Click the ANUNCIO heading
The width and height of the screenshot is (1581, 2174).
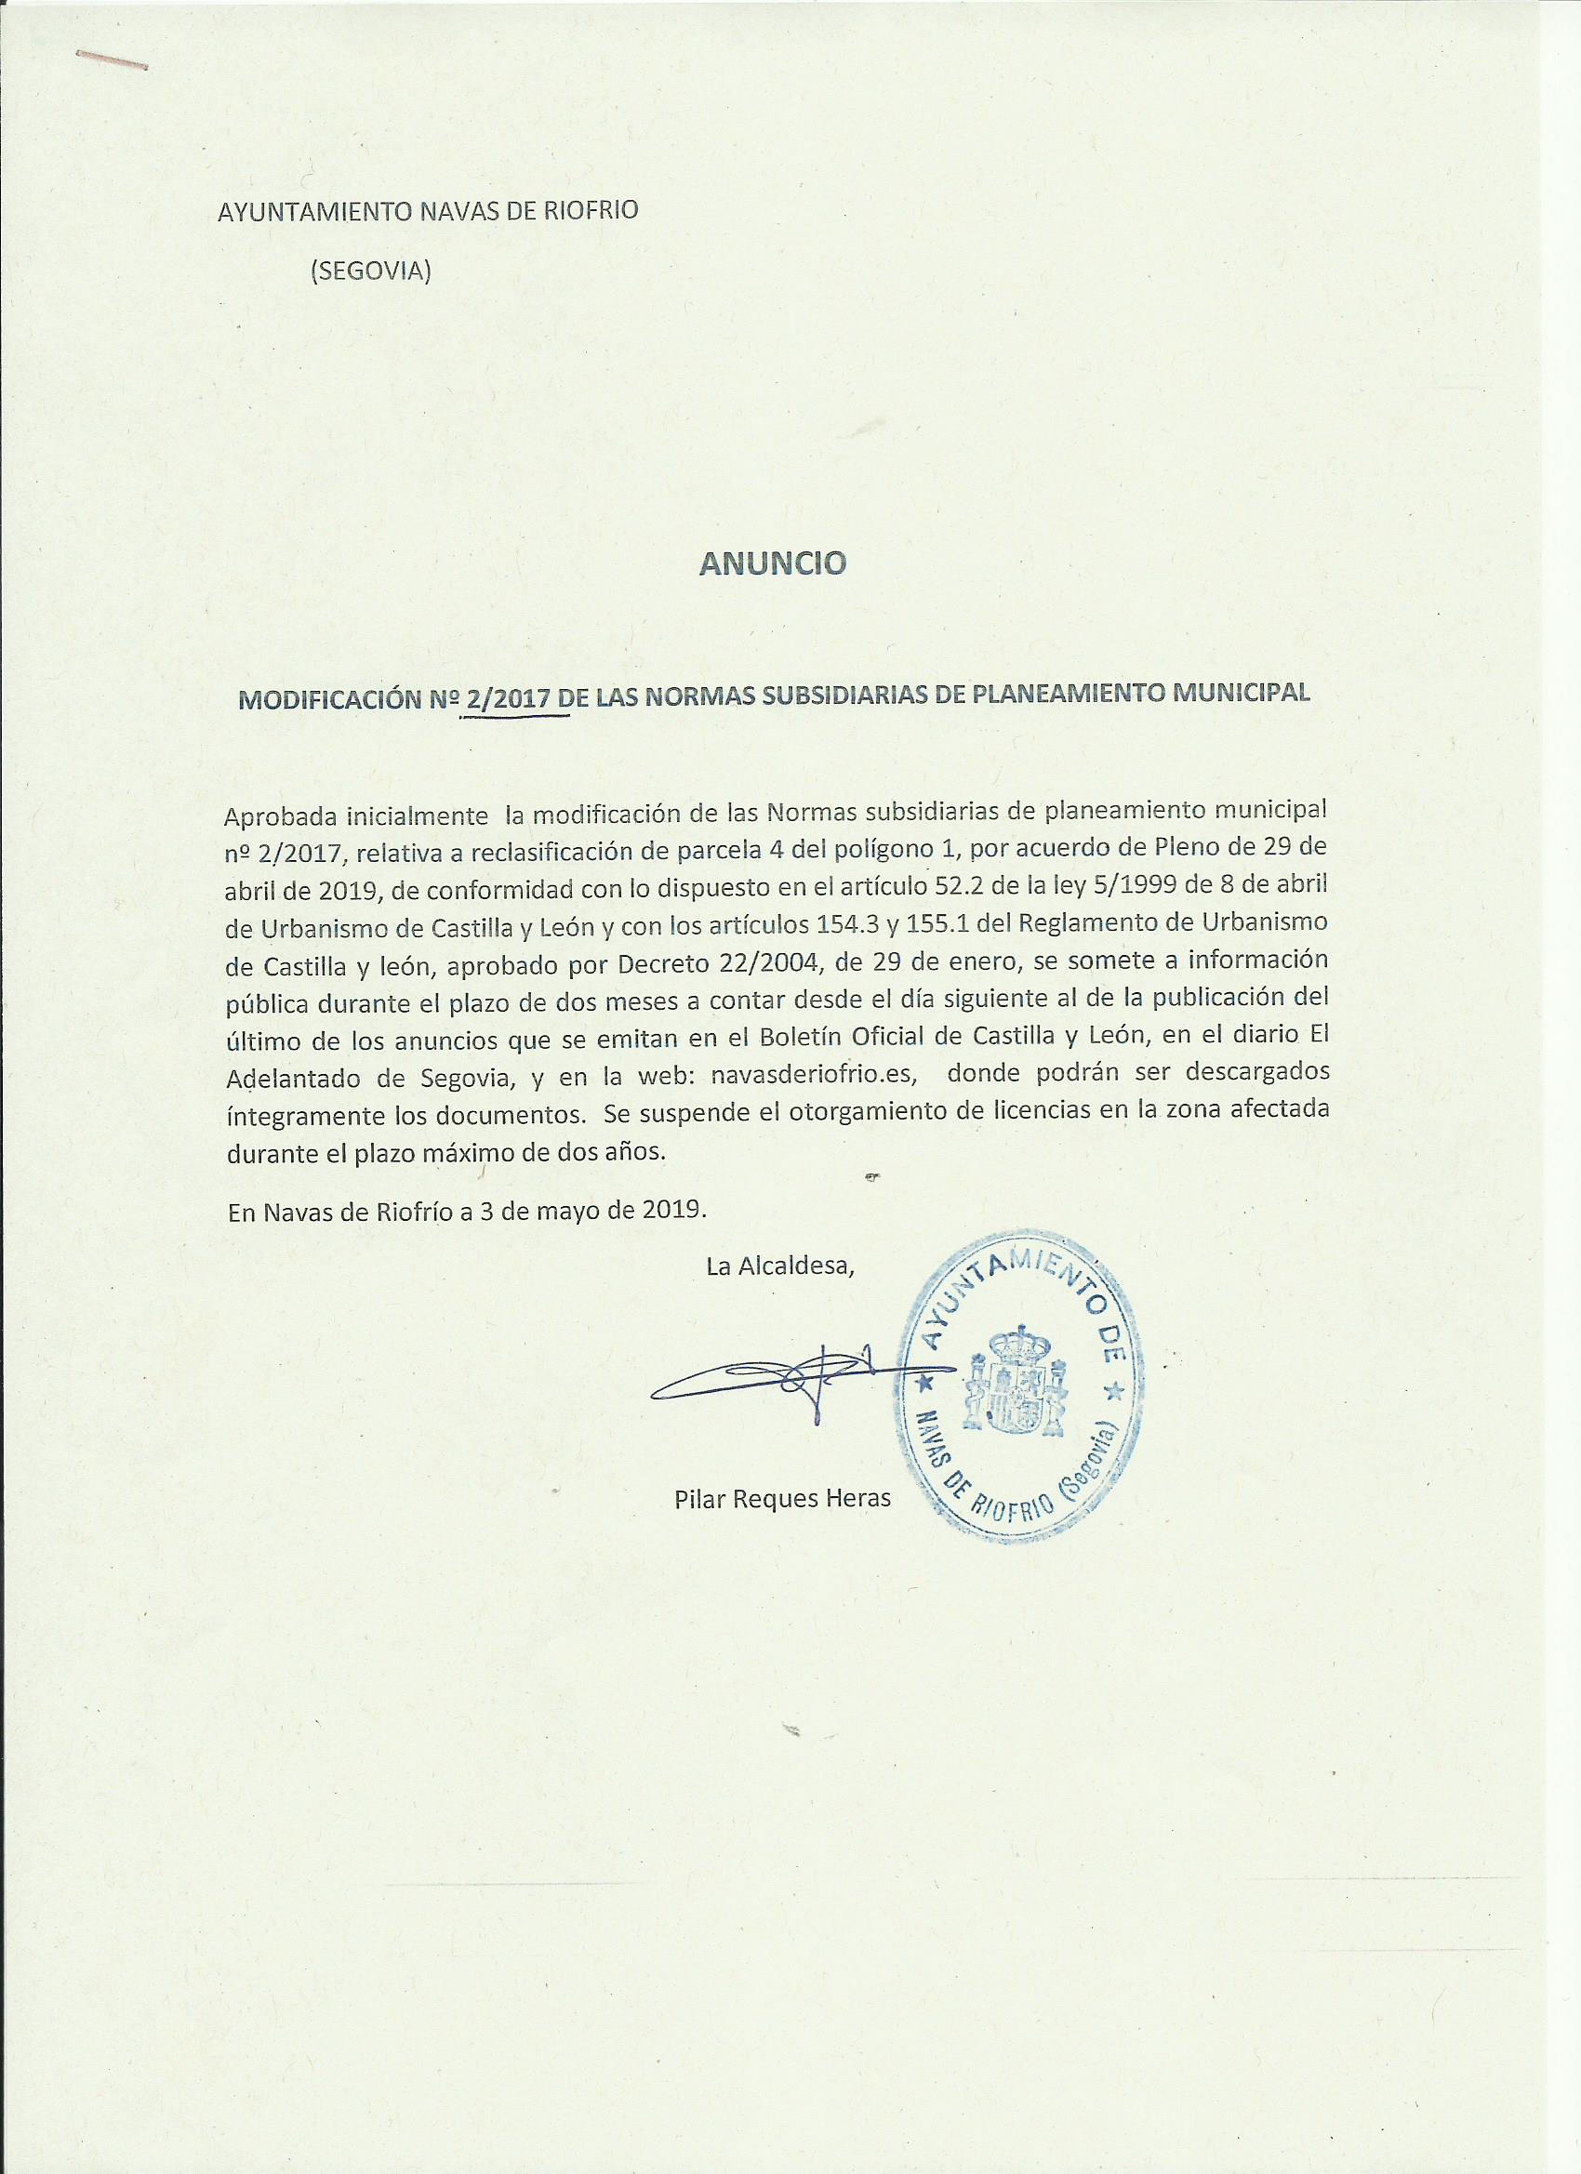(773, 563)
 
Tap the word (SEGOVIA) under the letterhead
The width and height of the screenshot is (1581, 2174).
(370, 272)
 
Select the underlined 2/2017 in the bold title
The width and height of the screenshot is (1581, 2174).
(507, 697)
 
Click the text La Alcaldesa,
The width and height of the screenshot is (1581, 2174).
(779, 1266)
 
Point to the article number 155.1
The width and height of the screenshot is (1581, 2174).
(976, 924)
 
